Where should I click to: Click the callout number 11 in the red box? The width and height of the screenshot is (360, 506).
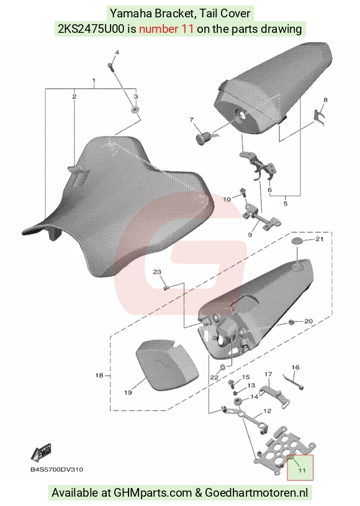(302, 470)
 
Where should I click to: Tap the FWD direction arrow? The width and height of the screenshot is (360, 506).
(41, 452)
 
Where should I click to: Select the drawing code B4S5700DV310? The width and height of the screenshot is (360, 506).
(57, 469)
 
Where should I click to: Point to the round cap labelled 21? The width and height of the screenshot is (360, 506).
(298, 241)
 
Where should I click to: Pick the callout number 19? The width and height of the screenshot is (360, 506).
(128, 393)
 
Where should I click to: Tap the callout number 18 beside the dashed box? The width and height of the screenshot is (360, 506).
(99, 375)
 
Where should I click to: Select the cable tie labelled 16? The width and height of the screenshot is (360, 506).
(294, 382)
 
